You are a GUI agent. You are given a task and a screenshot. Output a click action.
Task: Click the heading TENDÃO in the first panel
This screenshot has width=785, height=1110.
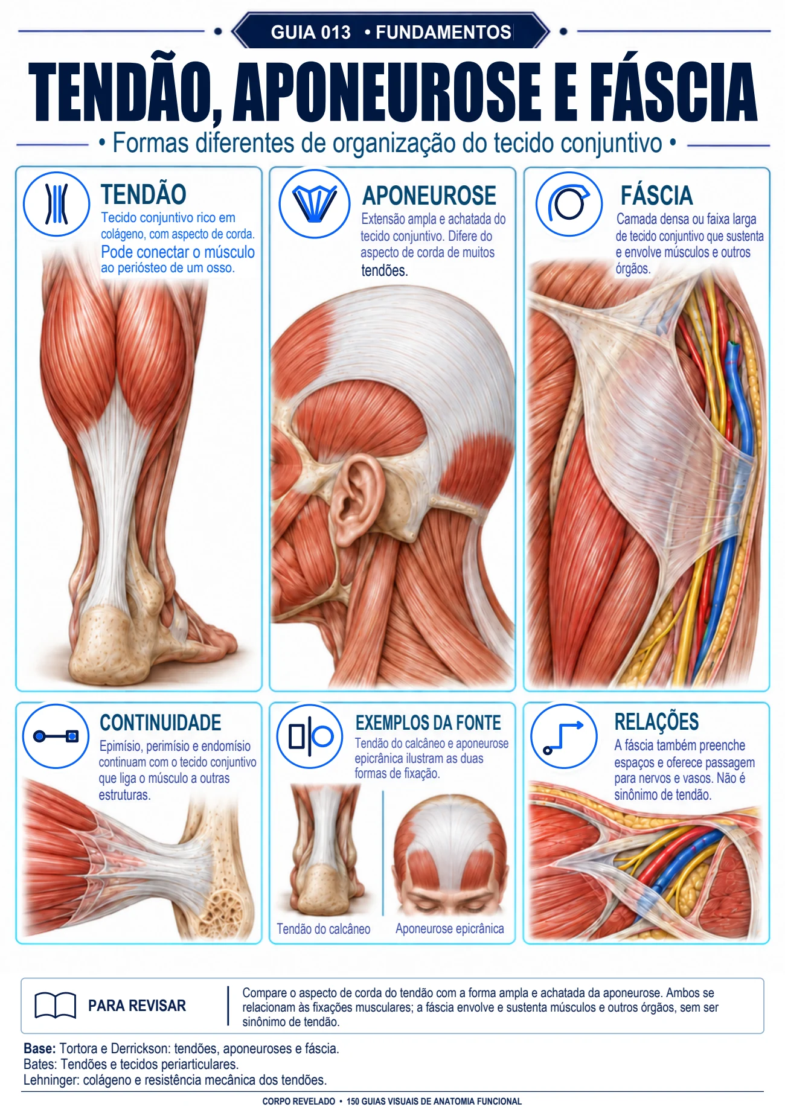click(143, 194)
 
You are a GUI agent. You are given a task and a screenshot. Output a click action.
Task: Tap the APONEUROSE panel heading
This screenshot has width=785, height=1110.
click(429, 196)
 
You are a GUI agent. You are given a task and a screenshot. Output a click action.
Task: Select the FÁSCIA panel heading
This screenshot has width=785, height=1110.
click(656, 196)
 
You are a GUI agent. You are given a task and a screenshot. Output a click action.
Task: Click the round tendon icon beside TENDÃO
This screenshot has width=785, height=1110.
click(56, 203)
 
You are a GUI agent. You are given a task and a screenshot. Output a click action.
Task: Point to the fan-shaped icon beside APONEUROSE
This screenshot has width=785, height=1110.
click(315, 203)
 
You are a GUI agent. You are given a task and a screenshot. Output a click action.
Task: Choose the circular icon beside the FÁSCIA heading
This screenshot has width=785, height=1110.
click(569, 203)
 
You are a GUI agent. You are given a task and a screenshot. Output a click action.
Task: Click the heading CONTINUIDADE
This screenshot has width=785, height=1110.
click(161, 722)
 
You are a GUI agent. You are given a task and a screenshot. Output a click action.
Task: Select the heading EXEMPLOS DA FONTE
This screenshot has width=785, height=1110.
click(428, 722)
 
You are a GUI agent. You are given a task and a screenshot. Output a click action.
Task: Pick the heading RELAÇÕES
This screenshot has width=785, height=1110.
click(656, 722)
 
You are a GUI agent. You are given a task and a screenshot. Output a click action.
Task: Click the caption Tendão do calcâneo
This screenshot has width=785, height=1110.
click(324, 929)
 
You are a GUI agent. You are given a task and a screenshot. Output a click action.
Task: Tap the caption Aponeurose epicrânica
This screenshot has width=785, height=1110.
click(450, 929)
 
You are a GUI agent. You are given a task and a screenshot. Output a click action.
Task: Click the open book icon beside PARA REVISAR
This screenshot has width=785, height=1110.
click(55, 1006)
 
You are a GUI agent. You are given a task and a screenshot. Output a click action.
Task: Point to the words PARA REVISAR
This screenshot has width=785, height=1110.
click(137, 1006)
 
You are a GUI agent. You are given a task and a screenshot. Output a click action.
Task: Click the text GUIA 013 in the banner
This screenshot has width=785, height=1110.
click(310, 32)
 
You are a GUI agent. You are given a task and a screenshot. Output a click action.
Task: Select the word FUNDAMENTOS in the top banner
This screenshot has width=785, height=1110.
click(443, 32)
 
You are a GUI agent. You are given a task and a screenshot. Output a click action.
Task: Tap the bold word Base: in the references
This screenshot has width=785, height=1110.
click(40, 1048)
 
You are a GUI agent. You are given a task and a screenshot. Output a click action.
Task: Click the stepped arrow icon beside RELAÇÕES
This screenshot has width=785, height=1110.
click(563, 736)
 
